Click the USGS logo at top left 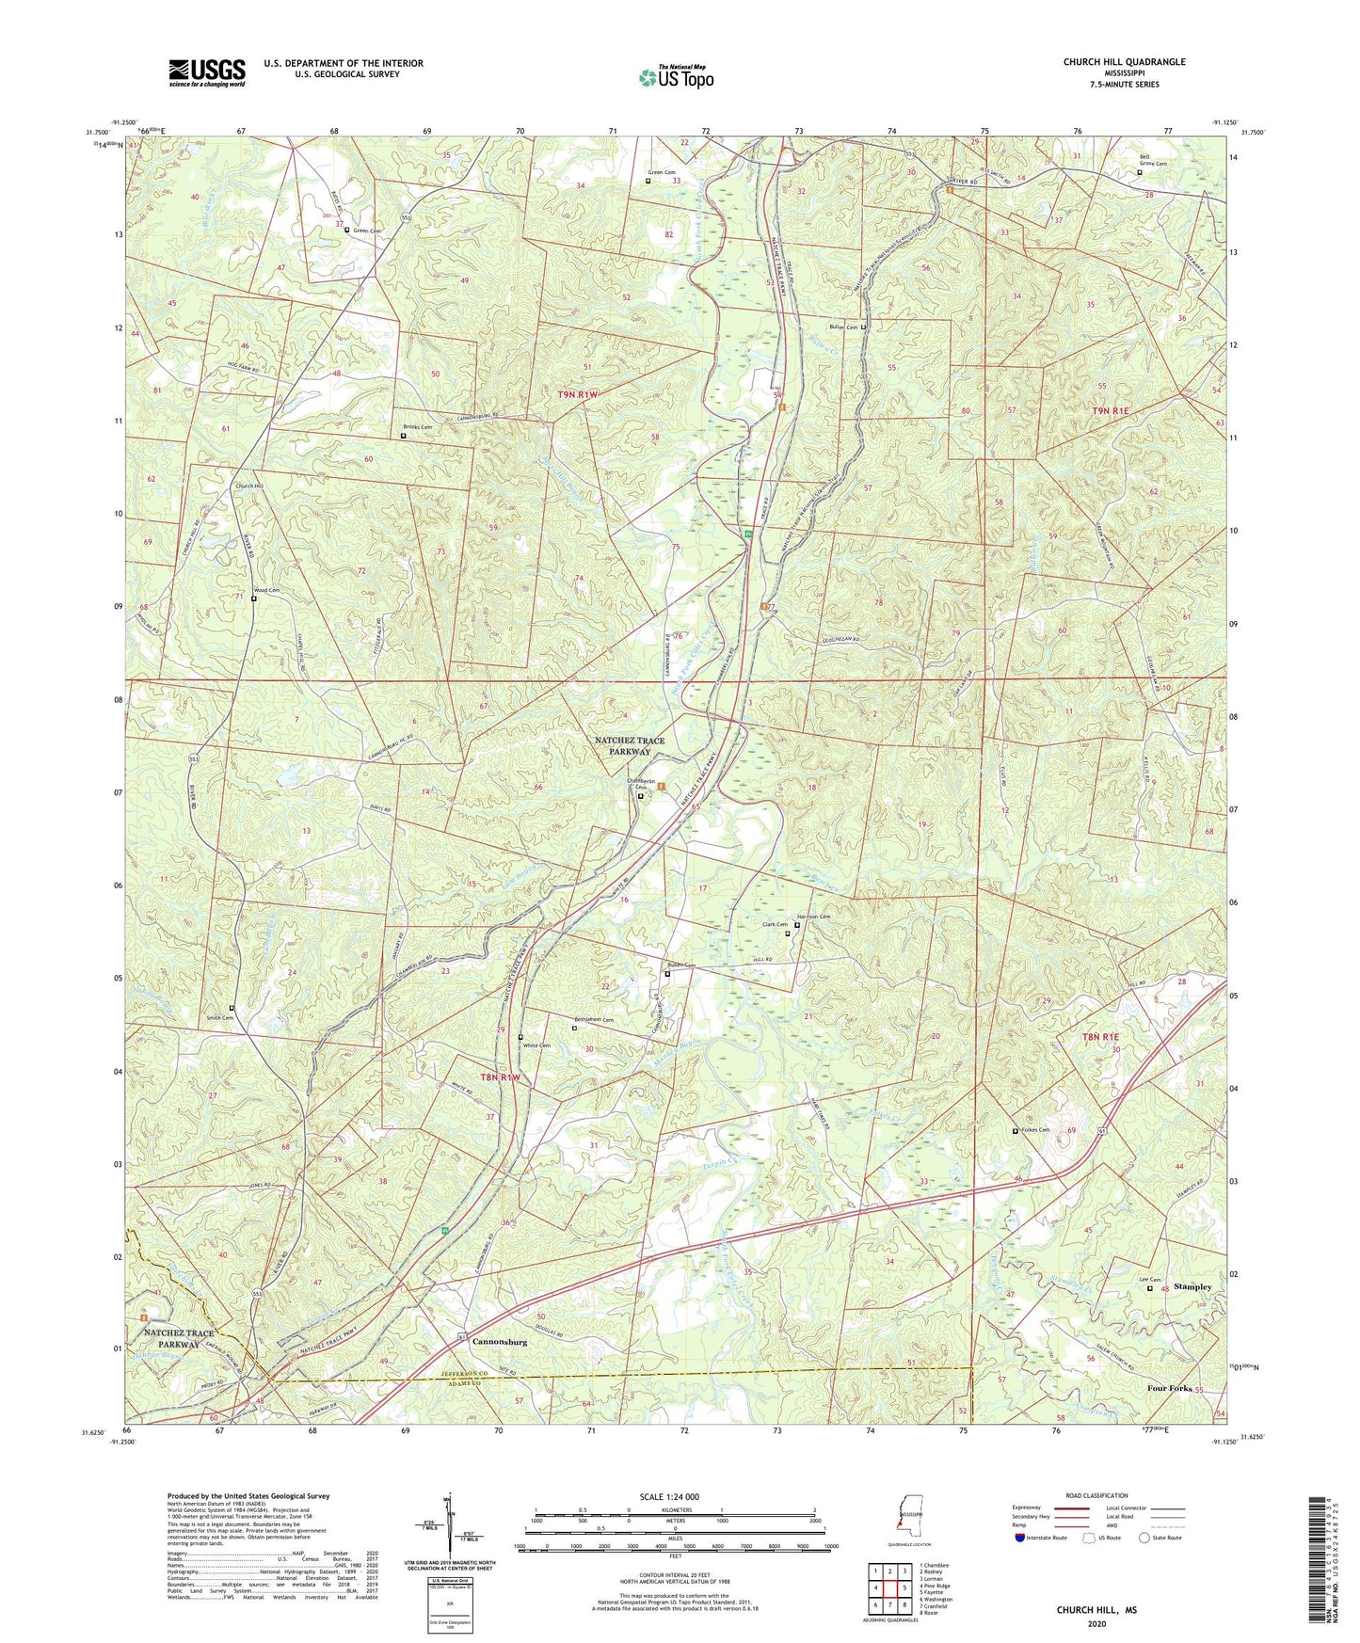click(x=207, y=72)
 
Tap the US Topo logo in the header click(x=675, y=77)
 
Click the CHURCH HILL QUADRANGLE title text click(x=1124, y=62)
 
